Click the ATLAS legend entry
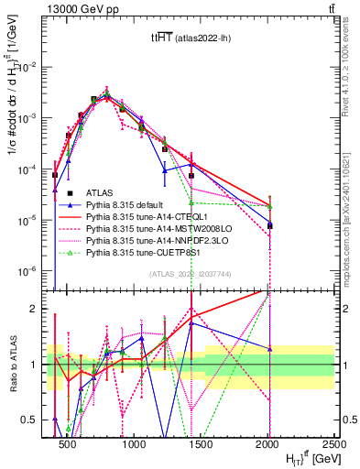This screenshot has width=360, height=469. coord(99,192)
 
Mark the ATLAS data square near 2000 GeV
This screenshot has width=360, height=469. coord(269,225)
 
